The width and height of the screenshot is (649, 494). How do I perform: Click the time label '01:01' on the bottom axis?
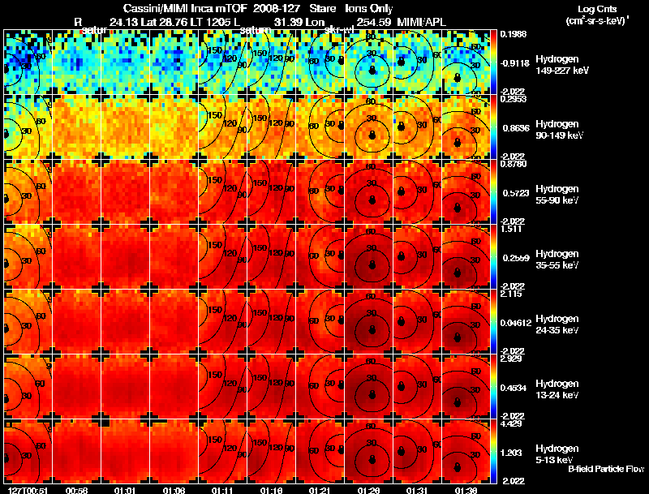tap(124, 489)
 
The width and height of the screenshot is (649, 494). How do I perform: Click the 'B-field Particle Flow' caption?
tap(606, 469)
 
